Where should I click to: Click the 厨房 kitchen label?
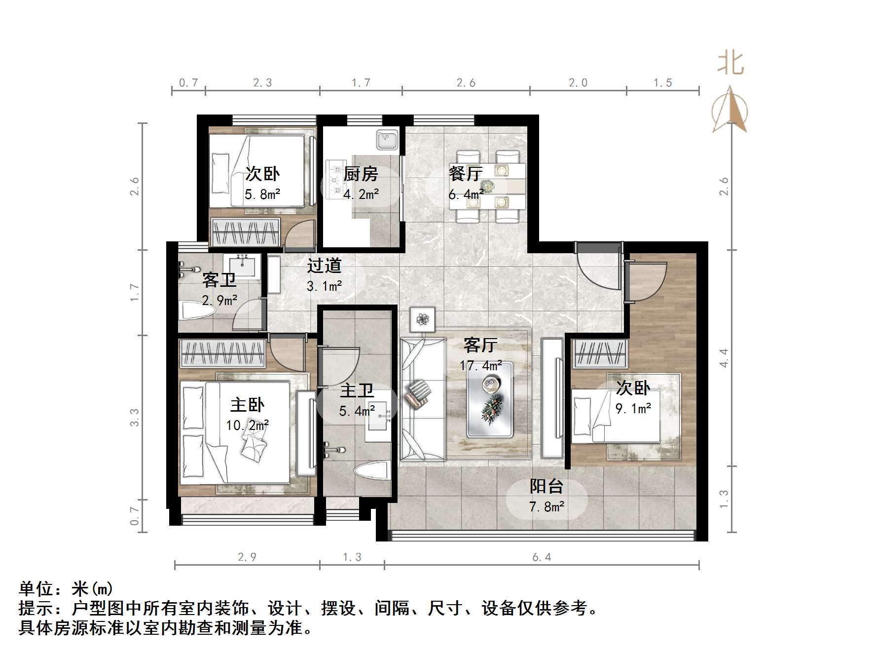pyautogui.click(x=361, y=174)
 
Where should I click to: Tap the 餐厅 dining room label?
pyautogui.click(x=465, y=174)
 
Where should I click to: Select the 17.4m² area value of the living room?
pyautogui.click(x=481, y=366)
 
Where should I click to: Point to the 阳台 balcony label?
pyautogui.click(x=546, y=487)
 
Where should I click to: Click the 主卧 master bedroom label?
pyautogui.click(x=247, y=405)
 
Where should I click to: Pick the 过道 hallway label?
pyautogui.click(x=324, y=266)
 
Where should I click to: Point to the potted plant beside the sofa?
pyautogui.click(x=422, y=319)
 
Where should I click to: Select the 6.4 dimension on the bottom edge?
pyautogui.click(x=542, y=557)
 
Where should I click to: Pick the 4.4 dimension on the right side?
pyautogui.click(x=724, y=358)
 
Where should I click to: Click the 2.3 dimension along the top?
pyautogui.click(x=262, y=83)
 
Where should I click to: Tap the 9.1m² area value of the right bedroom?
pyautogui.click(x=633, y=409)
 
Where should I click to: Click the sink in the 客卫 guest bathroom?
pyautogui.click(x=242, y=266)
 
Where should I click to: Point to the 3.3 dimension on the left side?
pyautogui.click(x=135, y=417)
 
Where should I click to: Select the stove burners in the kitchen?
pyautogui.click(x=337, y=181)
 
